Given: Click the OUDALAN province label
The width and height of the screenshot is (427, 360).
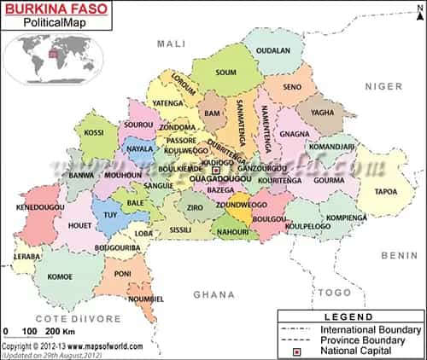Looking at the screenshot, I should click(x=273, y=50).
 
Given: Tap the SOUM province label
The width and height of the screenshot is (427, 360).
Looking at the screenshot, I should click(x=226, y=73).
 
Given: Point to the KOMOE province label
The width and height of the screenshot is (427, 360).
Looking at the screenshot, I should click(x=59, y=276).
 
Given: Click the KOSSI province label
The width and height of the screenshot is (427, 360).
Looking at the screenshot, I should click(x=95, y=133).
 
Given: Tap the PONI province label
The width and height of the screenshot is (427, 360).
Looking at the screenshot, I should click(x=123, y=273).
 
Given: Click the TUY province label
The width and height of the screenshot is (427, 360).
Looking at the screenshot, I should click(x=110, y=215).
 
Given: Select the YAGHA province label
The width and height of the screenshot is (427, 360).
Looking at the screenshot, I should click(x=323, y=112).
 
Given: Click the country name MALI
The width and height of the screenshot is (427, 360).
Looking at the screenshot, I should click(x=172, y=43).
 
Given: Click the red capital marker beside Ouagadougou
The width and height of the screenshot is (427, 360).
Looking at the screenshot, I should click(x=216, y=170).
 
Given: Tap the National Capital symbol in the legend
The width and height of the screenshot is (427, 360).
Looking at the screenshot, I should click(x=298, y=351).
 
